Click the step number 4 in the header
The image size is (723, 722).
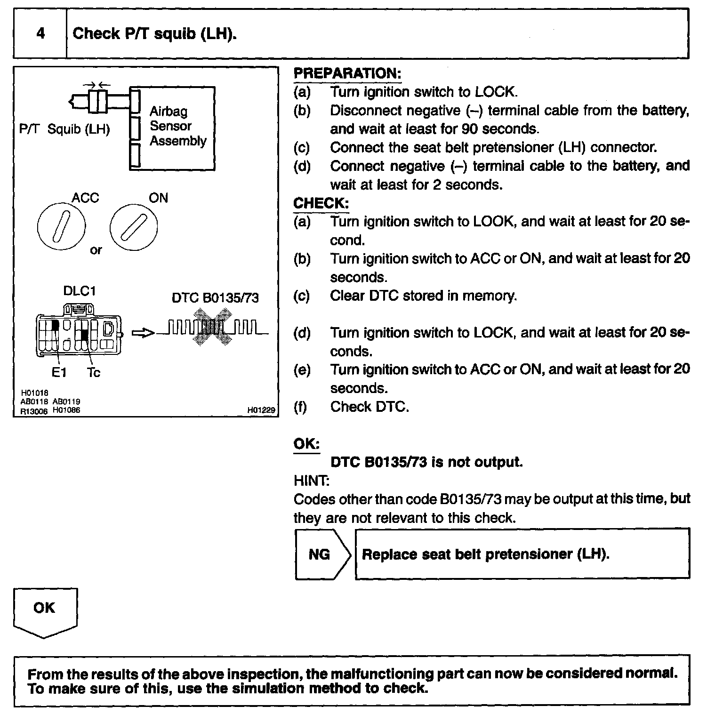click(x=40, y=33)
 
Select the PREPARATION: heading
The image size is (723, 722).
click(x=347, y=73)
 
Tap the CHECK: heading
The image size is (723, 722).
click(x=321, y=203)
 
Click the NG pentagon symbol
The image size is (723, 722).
click(x=322, y=554)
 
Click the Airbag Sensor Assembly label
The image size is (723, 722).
click(x=177, y=126)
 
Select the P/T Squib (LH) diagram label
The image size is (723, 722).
click(x=64, y=129)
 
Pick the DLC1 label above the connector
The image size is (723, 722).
click(x=80, y=291)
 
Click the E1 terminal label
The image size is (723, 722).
click(x=59, y=373)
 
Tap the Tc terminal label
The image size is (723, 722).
click(x=94, y=373)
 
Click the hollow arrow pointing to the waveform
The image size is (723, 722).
click(x=143, y=333)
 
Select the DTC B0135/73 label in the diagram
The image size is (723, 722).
click(x=215, y=298)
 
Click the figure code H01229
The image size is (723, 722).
click(x=261, y=410)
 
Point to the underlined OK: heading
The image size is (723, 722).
click(x=306, y=444)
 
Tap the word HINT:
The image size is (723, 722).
click(x=312, y=481)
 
